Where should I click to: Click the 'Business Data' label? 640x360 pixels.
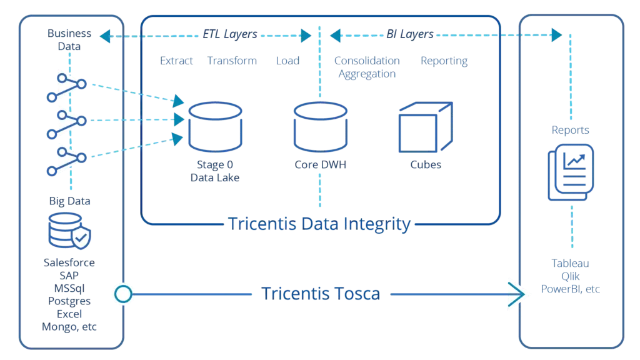click(69, 39)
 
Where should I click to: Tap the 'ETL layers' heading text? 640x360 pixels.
click(229, 35)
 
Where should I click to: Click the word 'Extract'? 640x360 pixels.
click(177, 61)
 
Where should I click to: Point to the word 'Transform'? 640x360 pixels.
click(232, 61)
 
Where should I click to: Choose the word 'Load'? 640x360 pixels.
click(287, 61)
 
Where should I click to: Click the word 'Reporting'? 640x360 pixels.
click(444, 61)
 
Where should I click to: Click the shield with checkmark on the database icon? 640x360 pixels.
click(82, 237)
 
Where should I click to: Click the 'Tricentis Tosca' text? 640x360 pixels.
click(319, 293)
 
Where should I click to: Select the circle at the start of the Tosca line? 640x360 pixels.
click(123, 293)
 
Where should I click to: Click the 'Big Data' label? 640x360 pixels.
click(69, 201)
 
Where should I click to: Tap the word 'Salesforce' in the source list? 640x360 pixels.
click(69, 263)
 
